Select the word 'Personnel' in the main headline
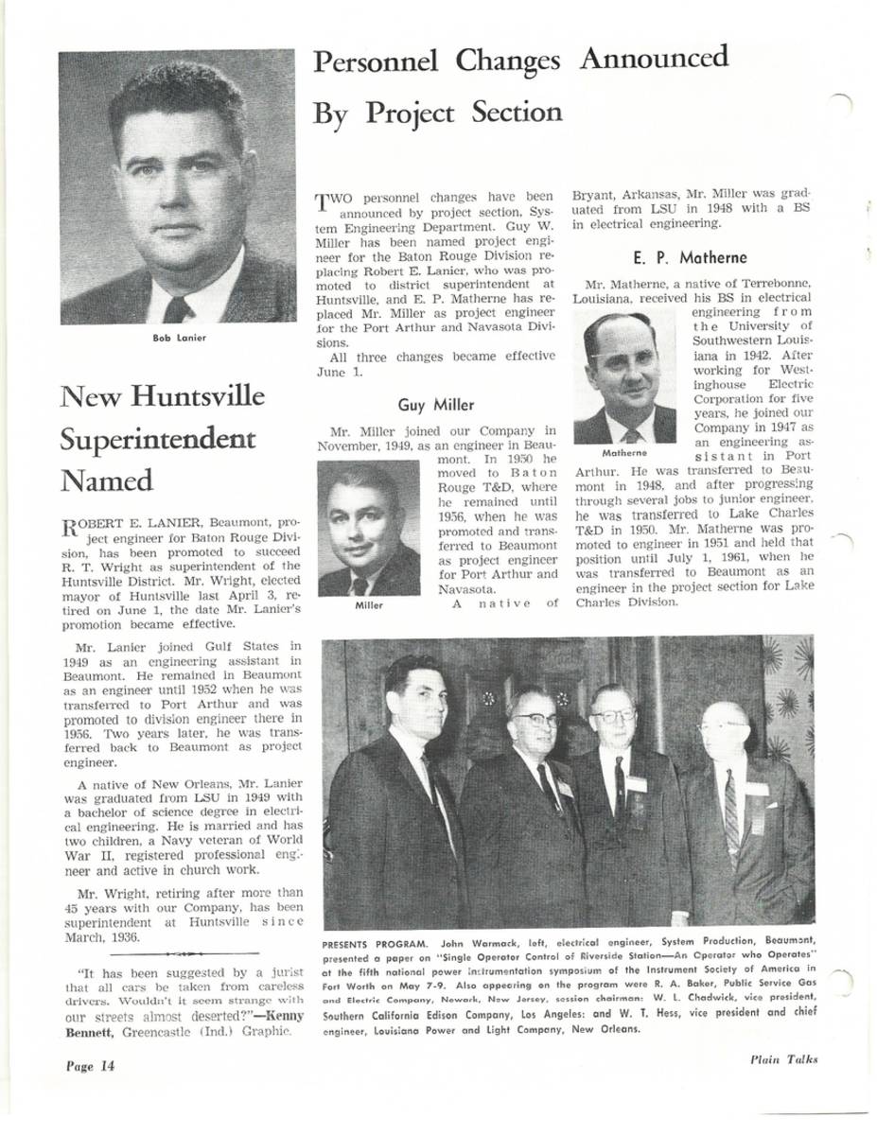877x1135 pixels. [376, 63]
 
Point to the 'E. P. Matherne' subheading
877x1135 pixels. [689, 257]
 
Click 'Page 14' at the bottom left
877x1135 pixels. [90, 1066]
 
